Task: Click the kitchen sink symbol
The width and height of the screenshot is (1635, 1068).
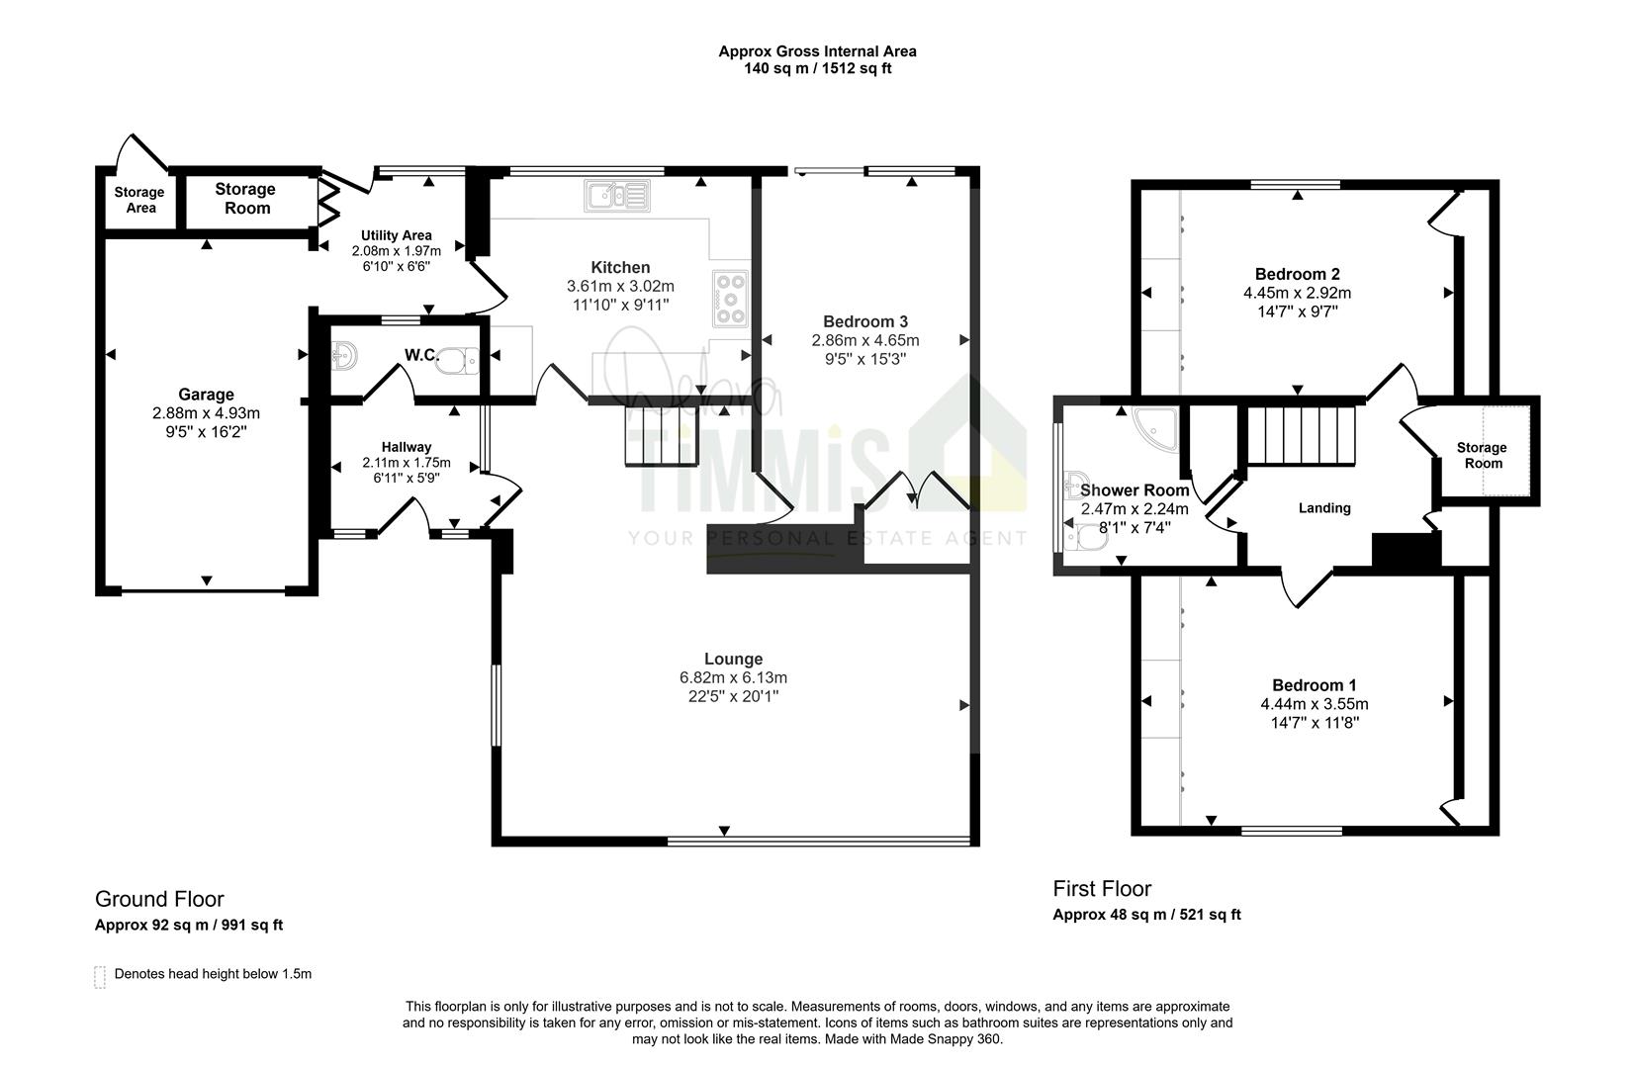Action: pyautogui.click(x=617, y=196)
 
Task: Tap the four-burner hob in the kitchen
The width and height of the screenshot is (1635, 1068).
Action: pyautogui.click(x=731, y=299)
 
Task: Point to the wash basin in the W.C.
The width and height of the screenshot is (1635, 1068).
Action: pyautogui.click(x=344, y=356)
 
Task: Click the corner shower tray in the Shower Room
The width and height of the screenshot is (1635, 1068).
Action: pyautogui.click(x=1156, y=427)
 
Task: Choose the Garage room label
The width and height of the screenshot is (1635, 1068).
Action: pyautogui.click(x=206, y=395)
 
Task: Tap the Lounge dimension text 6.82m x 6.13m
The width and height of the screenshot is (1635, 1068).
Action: pyautogui.click(x=734, y=677)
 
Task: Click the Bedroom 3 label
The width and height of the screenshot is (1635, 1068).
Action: pyautogui.click(x=864, y=321)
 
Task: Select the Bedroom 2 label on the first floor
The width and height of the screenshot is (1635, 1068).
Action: pyautogui.click(x=1297, y=274)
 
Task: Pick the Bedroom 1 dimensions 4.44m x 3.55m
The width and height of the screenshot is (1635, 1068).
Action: pyautogui.click(x=1314, y=705)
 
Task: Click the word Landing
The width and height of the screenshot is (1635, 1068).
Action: pyautogui.click(x=1324, y=508)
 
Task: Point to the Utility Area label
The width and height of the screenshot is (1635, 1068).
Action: pyautogui.click(x=397, y=235)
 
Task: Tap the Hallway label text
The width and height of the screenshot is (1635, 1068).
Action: pyautogui.click(x=407, y=447)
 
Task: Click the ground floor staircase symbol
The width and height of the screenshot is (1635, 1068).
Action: pyautogui.click(x=661, y=435)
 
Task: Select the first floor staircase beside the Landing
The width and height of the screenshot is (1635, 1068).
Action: pyautogui.click(x=1301, y=435)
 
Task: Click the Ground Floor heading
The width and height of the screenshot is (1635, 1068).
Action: pyautogui.click(x=159, y=900)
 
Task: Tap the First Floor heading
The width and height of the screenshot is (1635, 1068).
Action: pyautogui.click(x=1102, y=889)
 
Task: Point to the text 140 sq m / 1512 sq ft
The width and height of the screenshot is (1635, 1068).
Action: pyautogui.click(x=817, y=69)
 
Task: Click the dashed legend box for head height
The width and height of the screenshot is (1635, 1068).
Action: pyautogui.click(x=100, y=977)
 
